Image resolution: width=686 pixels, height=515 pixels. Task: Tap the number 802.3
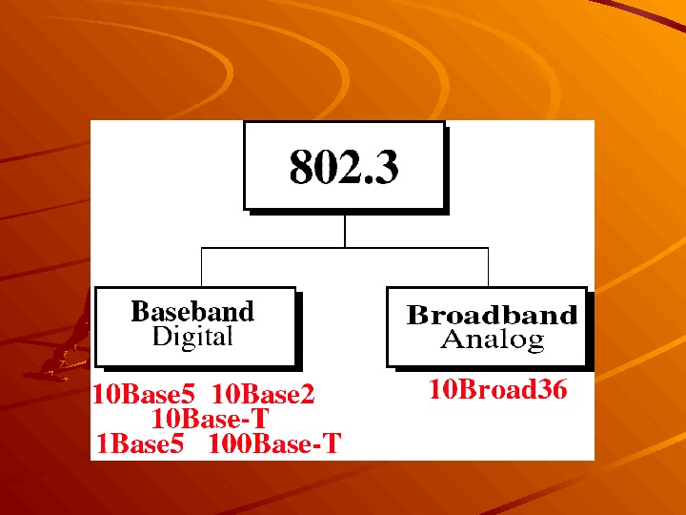pyautogui.click(x=344, y=168)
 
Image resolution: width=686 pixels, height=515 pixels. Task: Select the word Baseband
pyautogui.click(x=192, y=312)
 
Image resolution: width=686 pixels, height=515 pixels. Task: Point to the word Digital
pyautogui.click(x=192, y=337)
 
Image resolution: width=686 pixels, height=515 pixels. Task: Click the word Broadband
pyautogui.click(x=492, y=316)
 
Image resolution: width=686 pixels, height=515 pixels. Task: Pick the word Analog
pyautogui.click(x=492, y=339)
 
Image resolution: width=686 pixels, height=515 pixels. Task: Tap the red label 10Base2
pyautogui.click(x=263, y=395)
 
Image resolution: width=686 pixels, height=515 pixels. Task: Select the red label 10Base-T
pyautogui.click(x=211, y=419)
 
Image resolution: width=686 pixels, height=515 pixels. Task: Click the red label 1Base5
pyautogui.click(x=140, y=443)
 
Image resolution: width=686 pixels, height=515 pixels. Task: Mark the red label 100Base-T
pyautogui.click(x=274, y=443)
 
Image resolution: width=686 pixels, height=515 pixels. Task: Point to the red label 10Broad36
pyautogui.click(x=497, y=389)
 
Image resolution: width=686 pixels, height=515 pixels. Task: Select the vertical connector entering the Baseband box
pyautogui.click(x=201, y=267)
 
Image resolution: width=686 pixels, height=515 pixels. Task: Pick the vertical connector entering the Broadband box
pyautogui.click(x=488, y=267)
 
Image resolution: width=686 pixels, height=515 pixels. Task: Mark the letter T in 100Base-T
pyautogui.click(x=332, y=443)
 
